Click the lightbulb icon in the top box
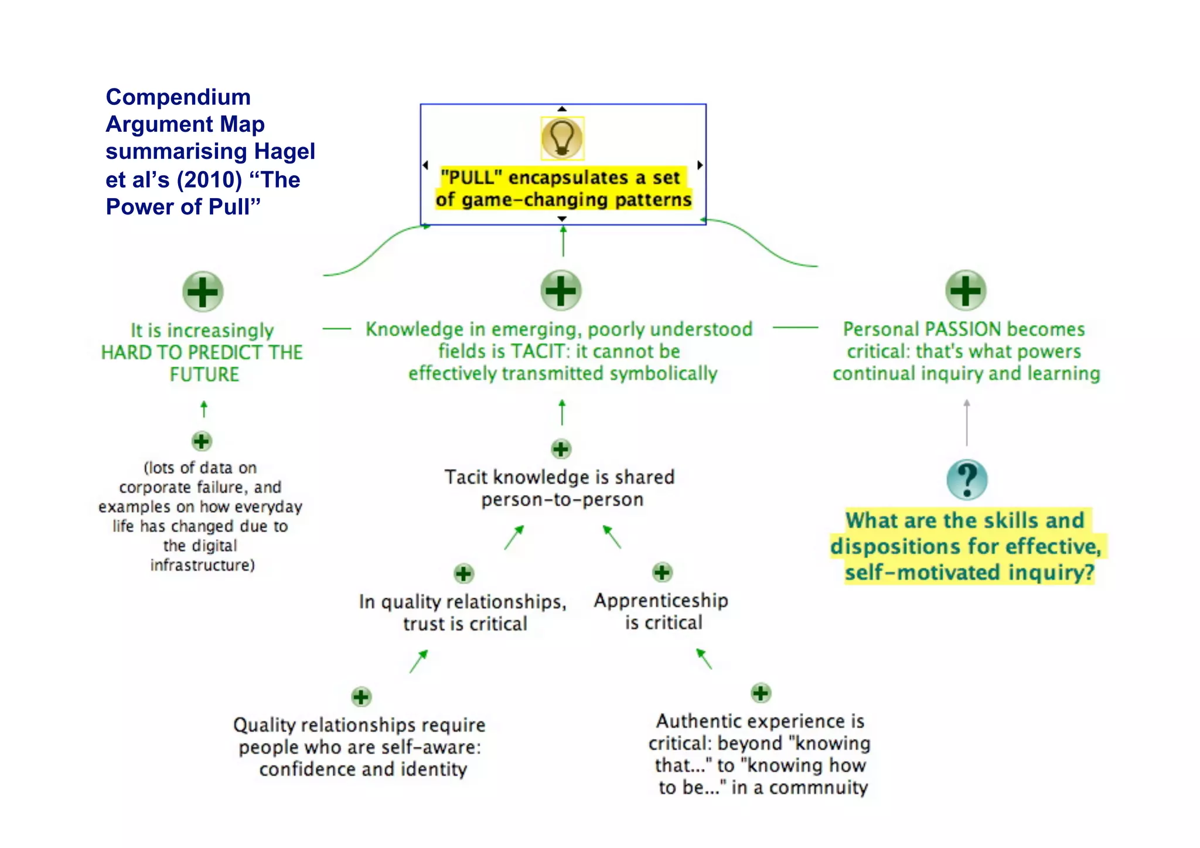point(562,138)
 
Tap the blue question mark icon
point(967,479)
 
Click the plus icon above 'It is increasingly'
point(203,291)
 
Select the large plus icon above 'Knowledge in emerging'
point(561,290)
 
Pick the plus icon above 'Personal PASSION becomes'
point(966,290)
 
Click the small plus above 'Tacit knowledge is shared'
point(561,449)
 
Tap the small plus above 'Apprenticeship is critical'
point(662,572)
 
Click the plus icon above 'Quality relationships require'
point(361,697)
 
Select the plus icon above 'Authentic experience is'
point(761,693)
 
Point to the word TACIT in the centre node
point(537,351)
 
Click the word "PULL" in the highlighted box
point(471,177)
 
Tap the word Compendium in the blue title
point(178,97)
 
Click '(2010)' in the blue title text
point(209,179)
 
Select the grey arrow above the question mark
point(967,422)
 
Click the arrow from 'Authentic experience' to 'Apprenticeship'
point(704,659)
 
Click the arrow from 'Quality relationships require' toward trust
point(418,661)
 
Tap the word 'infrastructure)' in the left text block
point(203,565)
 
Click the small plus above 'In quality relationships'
point(463,573)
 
